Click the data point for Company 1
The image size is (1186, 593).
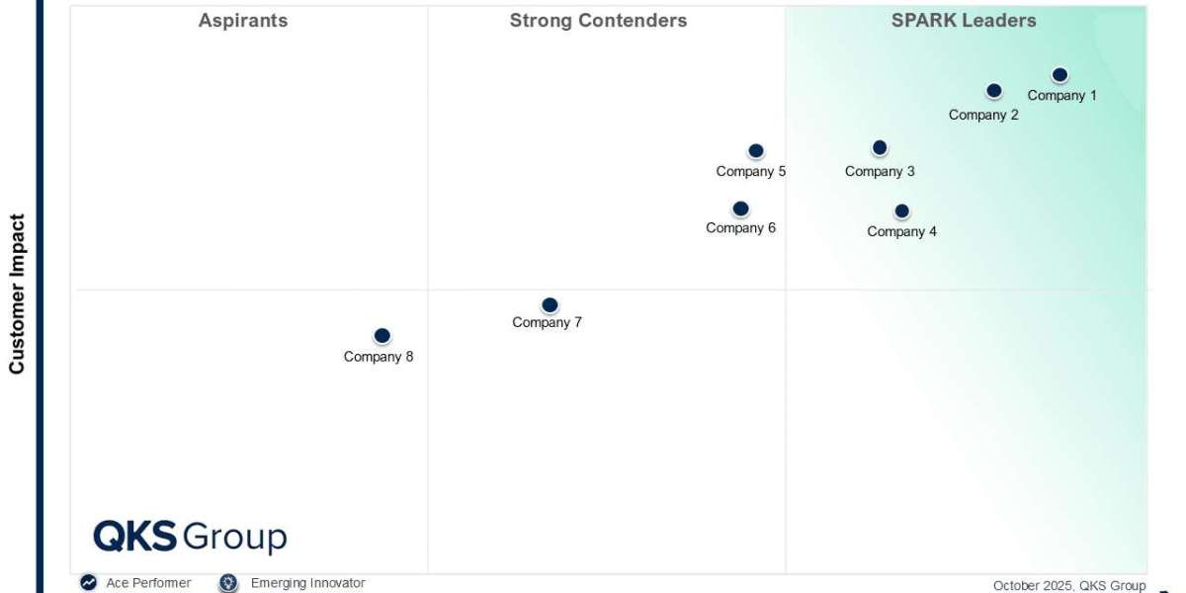[1059, 75]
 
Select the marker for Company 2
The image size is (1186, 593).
[994, 91]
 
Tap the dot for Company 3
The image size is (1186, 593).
[880, 148]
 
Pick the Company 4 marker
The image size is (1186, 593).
[901, 212]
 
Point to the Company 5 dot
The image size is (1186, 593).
[756, 151]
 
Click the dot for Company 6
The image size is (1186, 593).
[740, 210]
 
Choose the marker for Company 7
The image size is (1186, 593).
[550, 305]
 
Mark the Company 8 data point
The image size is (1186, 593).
[382, 336]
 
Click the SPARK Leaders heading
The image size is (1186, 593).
[964, 21]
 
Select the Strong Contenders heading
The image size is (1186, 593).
[598, 21]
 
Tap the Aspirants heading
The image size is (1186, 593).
[243, 21]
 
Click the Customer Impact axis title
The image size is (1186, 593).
[17, 295]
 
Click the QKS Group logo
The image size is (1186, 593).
[190, 537]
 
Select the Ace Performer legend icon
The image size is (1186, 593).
[89, 583]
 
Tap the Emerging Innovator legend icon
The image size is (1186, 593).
[229, 583]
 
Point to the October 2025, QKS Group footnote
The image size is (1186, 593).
[1069, 585]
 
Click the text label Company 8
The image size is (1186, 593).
[379, 357]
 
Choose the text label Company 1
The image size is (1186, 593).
[1062, 96]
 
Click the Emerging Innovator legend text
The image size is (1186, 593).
[307, 583]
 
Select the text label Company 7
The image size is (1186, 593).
[547, 322]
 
